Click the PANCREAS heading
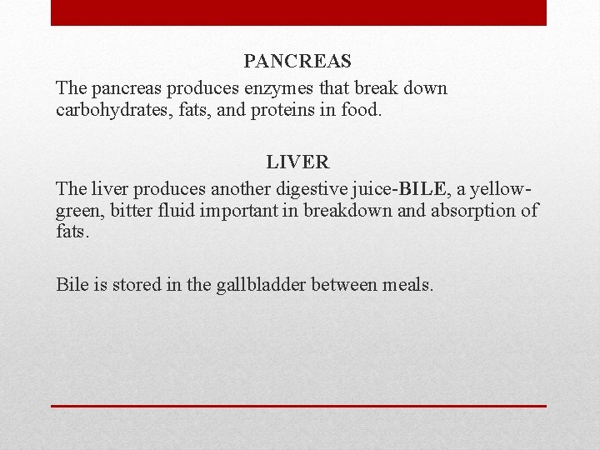click(297, 62)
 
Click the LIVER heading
click(297, 162)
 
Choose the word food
click(360, 110)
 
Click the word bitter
click(132, 210)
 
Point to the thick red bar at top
click(298, 12)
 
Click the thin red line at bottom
click(298, 406)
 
